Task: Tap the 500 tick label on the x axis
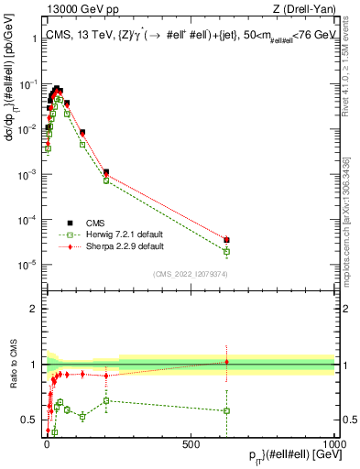(x=191, y=443)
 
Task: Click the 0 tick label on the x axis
(x=48, y=443)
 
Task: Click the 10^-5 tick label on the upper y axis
(x=28, y=265)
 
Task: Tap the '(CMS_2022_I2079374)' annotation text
(x=190, y=272)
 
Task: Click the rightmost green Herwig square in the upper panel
(x=226, y=251)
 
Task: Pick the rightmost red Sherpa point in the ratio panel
(x=226, y=362)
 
